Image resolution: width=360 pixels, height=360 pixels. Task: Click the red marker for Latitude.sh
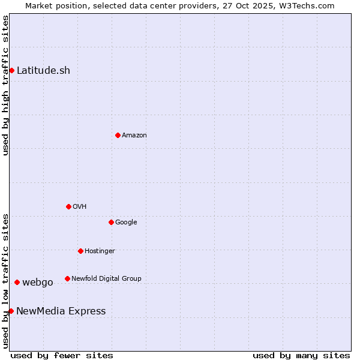pos(11,70)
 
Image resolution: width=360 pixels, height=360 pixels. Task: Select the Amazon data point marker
pos(118,135)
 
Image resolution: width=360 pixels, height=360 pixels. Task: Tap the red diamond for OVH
pos(68,206)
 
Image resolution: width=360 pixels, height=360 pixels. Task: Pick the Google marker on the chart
pos(111,222)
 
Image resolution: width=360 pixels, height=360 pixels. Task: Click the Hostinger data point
pos(80,251)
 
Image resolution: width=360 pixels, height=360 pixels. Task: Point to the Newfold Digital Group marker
pos(67,278)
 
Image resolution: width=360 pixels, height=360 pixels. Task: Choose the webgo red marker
pos(17,282)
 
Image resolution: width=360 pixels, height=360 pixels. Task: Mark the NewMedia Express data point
pos(11,311)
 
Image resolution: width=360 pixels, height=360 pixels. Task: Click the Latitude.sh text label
pos(43,70)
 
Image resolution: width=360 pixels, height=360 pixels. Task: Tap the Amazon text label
pos(134,135)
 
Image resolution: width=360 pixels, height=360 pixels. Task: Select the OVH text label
pos(80,206)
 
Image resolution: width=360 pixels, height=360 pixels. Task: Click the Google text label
pos(126,222)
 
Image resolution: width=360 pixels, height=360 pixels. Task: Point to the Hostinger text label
pos(100,251)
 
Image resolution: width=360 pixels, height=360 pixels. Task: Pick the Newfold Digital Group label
pos(106,278)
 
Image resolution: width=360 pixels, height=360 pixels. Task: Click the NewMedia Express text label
pos(61,311)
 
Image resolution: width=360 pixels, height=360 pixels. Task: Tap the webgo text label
pos(38,282)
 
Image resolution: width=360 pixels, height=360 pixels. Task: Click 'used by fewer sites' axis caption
pos(62,355)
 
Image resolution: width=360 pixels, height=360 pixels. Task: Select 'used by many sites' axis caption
pos(301,355)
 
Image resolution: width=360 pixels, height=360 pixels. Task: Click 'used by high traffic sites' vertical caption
pos(5,85)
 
